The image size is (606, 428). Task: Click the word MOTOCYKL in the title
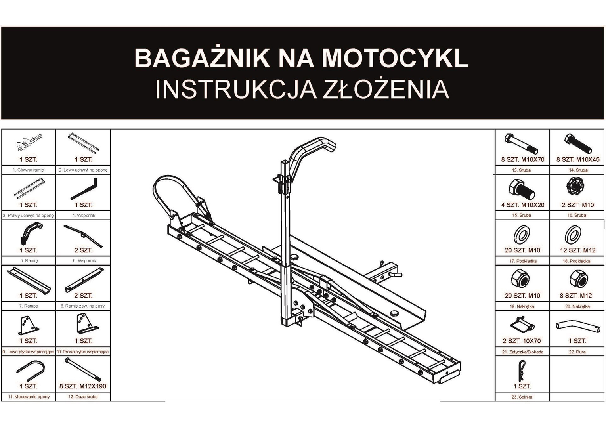tap(395, 58)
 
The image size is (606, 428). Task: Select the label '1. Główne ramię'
tap(29, 170)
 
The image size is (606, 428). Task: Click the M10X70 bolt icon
tap(521, 144)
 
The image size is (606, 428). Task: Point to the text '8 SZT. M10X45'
tap(577, 160)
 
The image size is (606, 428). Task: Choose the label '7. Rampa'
tap(29, 306)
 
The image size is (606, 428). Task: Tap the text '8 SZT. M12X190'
tap(83, 386)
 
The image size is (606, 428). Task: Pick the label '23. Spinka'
tap(522, 397)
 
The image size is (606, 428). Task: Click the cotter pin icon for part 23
tap(522, 371)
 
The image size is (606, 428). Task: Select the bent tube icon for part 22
tap(577, 326)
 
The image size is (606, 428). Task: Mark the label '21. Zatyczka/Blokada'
tap(522, 352)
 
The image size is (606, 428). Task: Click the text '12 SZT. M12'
tap(577, 250)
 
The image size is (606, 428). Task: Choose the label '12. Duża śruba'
tap(83, 397)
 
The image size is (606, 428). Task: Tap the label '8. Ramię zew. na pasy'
tap(83, 306)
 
